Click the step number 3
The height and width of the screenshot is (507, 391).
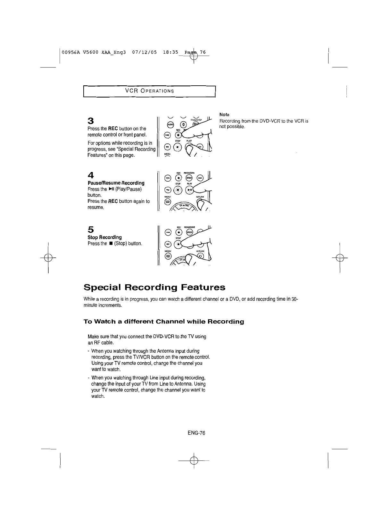[91, 121]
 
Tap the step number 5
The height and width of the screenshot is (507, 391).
[91, 230]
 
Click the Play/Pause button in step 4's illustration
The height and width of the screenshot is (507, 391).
[190, 190]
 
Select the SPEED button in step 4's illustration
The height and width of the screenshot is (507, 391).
[189, 178]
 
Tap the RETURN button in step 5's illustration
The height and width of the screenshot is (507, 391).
[200, 256]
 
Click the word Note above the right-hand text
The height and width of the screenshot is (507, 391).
[224, 115]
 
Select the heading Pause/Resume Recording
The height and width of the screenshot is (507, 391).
[116, 183]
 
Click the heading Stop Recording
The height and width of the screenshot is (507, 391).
[105, 237]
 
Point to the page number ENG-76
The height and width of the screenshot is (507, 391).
[196, 433]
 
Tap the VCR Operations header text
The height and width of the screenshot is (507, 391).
[149, 91]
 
